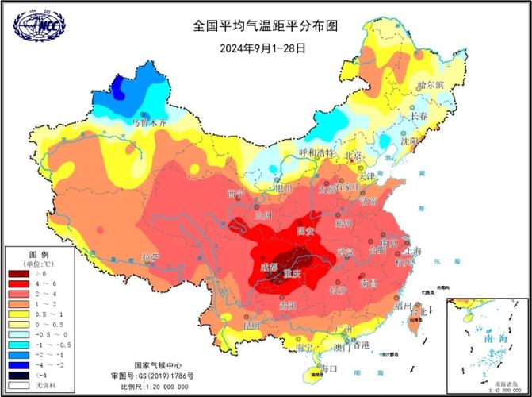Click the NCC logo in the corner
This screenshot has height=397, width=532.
coord(37,25)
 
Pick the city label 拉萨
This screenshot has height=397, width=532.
coord(151,257)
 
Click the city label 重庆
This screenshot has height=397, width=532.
coord(292,274)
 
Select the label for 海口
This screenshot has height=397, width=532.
coord(328,368)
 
